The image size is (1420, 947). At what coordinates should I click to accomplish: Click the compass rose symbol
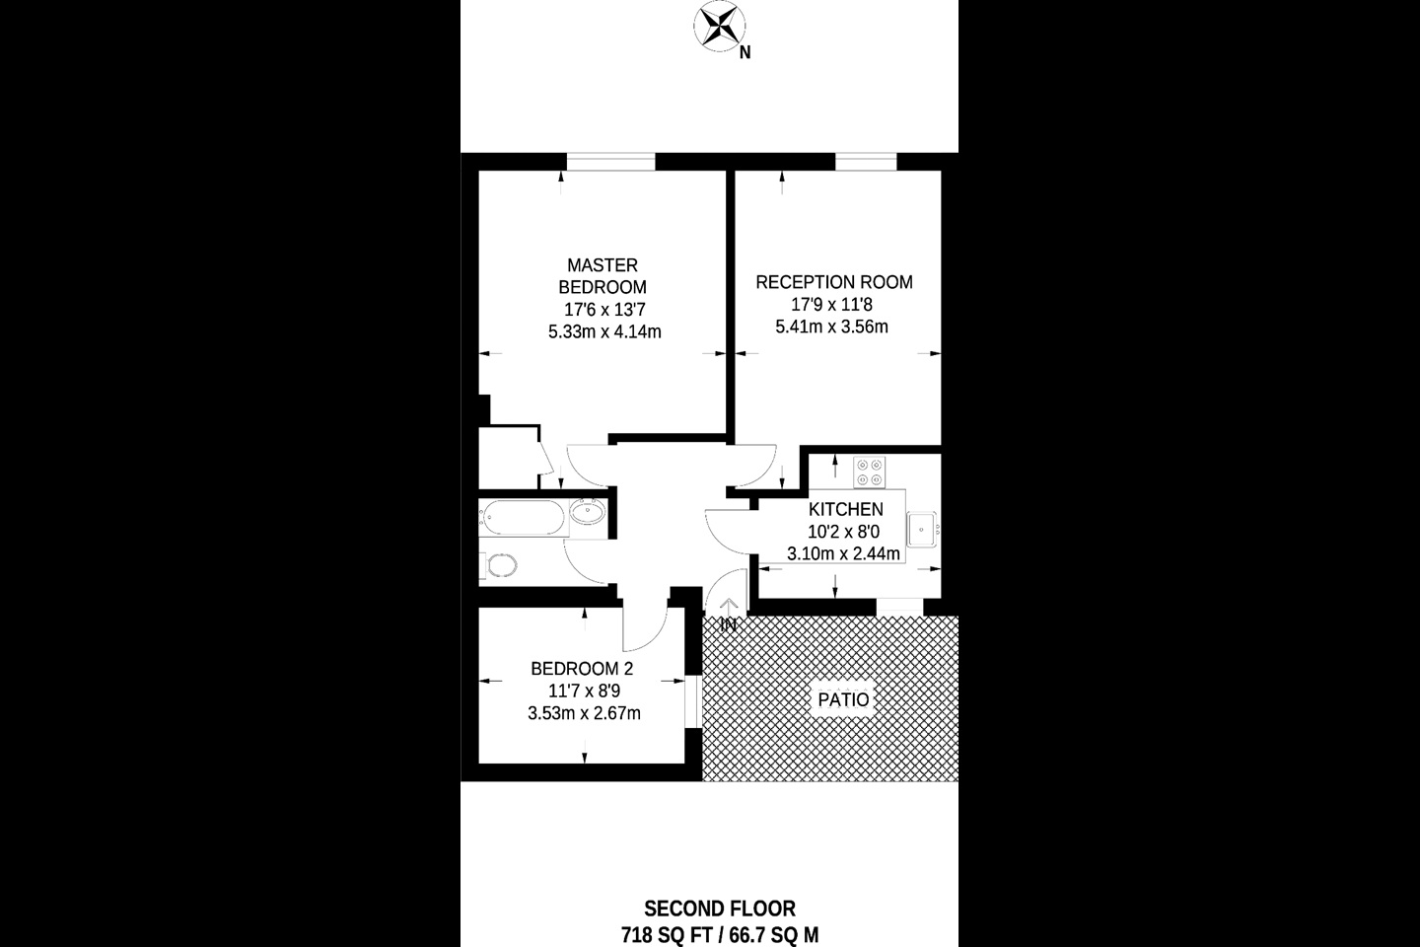[x=719, y=26]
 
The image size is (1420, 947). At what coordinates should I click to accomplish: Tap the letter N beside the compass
[x=745, y=53]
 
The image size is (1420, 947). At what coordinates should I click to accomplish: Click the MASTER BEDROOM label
[x=603, y=276]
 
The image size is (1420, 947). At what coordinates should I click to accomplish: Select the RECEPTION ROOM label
[x=834, y=282]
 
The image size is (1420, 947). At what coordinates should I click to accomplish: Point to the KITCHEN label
[x=846, y=509]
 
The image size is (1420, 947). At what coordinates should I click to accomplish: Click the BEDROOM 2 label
[x=582, y=669]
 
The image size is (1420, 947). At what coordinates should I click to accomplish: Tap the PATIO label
[x=843, y=699]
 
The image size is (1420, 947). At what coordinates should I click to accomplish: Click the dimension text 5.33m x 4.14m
[x=604, y=331]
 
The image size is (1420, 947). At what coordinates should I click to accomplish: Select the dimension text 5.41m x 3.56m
[x=831, y=328]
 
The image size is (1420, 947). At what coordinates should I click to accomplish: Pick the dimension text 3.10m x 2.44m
[x=843, y=553]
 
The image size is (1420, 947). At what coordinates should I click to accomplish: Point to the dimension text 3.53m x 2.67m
[x=584, y=713]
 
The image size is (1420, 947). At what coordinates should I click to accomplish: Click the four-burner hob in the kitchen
[x=869, y=473]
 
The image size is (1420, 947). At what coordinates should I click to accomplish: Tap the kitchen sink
[x=922, y=530]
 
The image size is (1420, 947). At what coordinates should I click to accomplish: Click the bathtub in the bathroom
[x=521, y=518]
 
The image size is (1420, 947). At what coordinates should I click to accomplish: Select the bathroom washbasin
[x=588, y=511]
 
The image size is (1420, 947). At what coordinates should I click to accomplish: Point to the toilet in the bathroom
[x=498, y=564]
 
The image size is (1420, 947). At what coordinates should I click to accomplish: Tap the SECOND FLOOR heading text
[x=720, y=909]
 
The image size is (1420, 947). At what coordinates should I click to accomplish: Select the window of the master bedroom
[x=610, y=162]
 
